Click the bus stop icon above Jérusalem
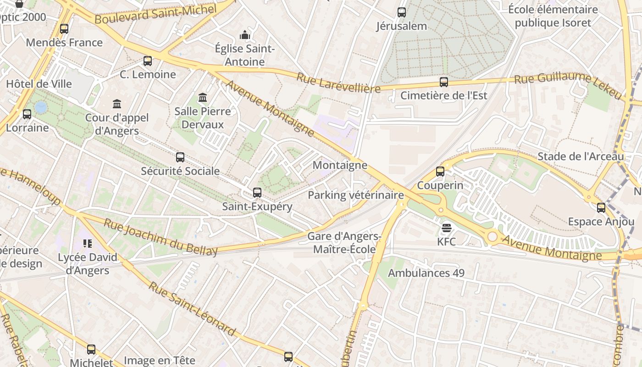pyautogui.click(x=402, y=12)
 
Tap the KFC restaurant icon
pyautogui.click(x=447, y=228)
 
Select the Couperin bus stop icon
pyautogui.click(x=440, y=172)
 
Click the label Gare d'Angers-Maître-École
pyautogui.click(x=344, y=243)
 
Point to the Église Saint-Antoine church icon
pyautogui.click(x=245, y=35)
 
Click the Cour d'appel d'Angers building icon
pyautogui.click(x=117, y=104)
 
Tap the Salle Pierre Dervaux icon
pyautogui.click(x=203, y=97)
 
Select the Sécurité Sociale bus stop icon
pyautogui.click(x=180, y=157)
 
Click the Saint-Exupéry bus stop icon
pyautogui.click(x=257, y=193)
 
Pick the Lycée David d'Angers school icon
pyautogui.click(x=88, y=244)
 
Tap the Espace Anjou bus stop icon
pyautogui.click(x=601, y=208)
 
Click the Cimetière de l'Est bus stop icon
pyautogui.click(x=444, y=82)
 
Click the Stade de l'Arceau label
pyautogui.click(x=581, y=156)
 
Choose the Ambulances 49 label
pyautogui.click(x=426, y=273)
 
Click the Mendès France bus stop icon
pyautogui.click(x=64, y=29)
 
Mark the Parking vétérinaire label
pyautogui.click(x=355, y=195)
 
